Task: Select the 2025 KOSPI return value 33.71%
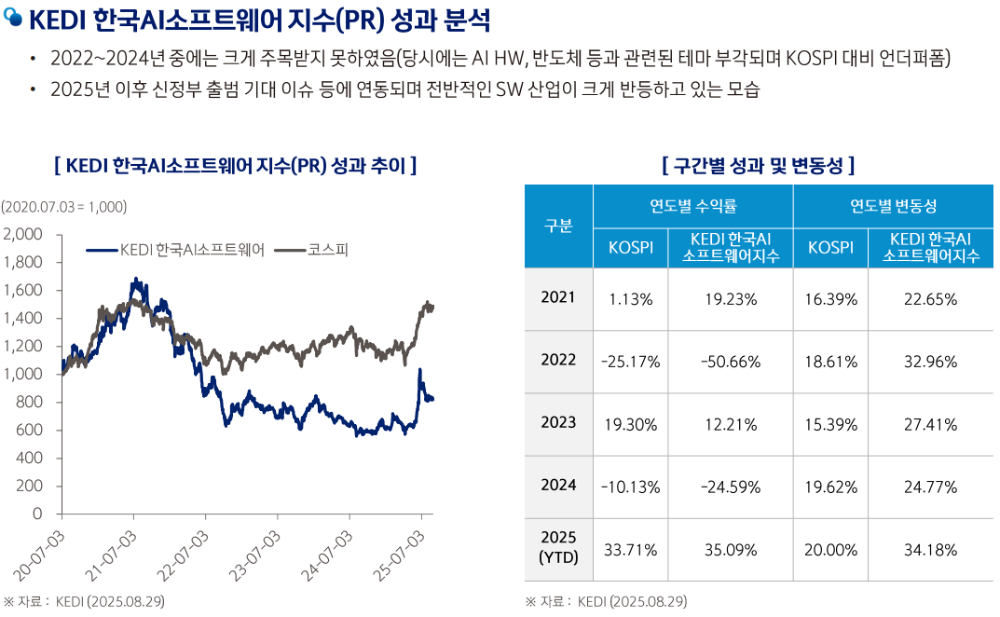point(629,550)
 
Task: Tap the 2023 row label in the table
point(558,423)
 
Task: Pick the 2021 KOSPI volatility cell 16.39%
point(829,299)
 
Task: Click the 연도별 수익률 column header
point(692,205)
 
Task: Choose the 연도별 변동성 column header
point(893,205)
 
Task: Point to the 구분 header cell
point(558,226)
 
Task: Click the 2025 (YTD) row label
point(558,549)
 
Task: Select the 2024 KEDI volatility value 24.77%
point(930,487)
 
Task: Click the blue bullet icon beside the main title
point(13,21)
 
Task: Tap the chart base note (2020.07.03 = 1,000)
point(63,206)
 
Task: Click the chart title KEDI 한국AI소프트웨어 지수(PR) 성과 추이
point(236,166)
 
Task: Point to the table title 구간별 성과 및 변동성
point(758,166)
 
